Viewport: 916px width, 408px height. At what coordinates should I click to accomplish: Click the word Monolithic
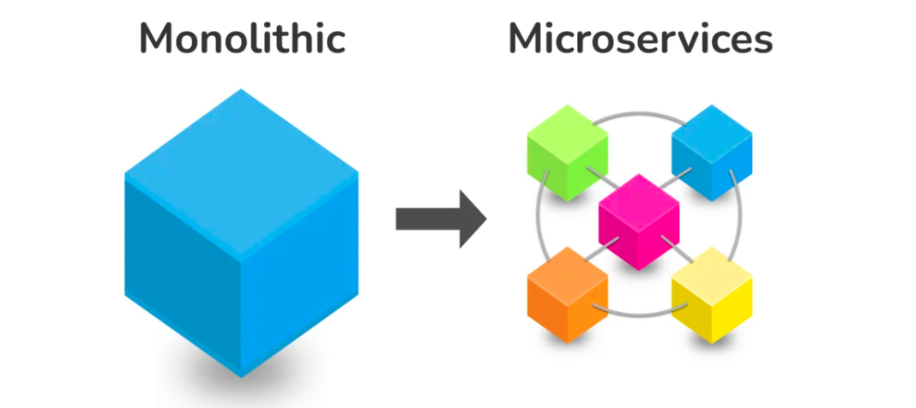(x=242, y=39)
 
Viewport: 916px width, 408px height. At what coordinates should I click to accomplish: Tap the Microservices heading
(x=640, y=39)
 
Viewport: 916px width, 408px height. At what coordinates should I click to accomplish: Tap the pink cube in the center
(x=639, y=220)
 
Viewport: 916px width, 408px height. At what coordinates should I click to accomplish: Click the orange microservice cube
(x=567, y=291)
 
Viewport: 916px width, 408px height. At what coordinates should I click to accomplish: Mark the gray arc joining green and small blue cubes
(x=639, y=112)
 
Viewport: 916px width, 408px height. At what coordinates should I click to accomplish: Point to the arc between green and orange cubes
(x=539, y=221)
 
